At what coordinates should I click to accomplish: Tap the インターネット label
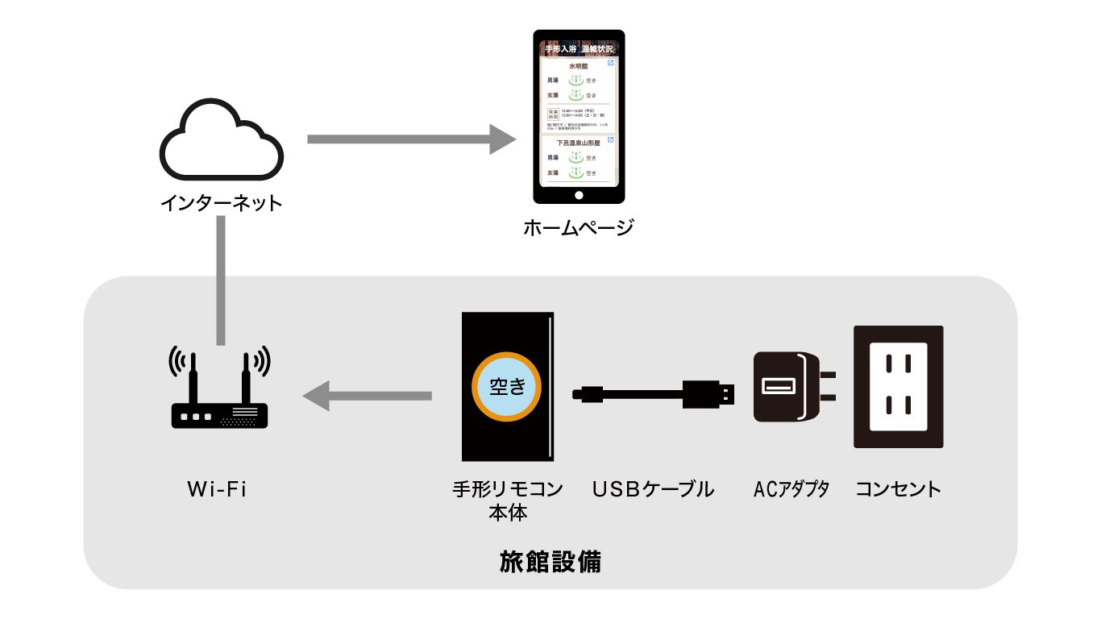[221, 202]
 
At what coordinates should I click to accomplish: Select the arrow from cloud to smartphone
[411, 139]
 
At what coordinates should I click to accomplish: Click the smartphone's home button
[579, 196]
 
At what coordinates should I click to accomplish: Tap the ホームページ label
[578, 228]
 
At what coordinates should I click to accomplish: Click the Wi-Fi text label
[217, 489]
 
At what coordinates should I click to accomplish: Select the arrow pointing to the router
[368, 396]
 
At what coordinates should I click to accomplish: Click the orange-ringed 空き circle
[508, 387]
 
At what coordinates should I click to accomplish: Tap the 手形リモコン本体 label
[508, 500]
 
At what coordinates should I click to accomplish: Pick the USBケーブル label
[653, 489]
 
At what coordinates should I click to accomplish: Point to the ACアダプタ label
[791, 489]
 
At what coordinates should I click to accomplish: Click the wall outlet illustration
[899, 387]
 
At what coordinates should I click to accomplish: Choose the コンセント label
[898, 489]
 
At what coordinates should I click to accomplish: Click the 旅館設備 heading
[550, 562]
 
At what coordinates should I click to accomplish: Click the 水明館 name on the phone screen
[579, 66]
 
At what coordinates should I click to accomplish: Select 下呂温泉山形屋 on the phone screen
[579, 143]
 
